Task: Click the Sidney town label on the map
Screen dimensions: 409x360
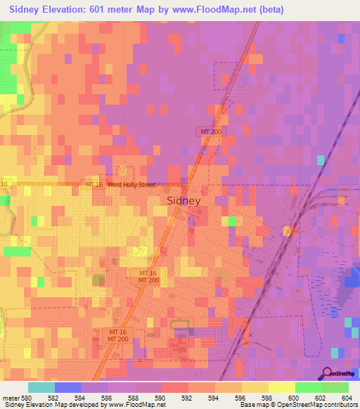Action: coord(184,200)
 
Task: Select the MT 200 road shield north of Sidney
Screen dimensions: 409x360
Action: coord(208,131)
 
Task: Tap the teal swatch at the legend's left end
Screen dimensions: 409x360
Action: coord(41,387)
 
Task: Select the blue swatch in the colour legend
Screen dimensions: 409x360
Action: coord(67,387)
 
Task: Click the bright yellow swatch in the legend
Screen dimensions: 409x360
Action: coord(281,387)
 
